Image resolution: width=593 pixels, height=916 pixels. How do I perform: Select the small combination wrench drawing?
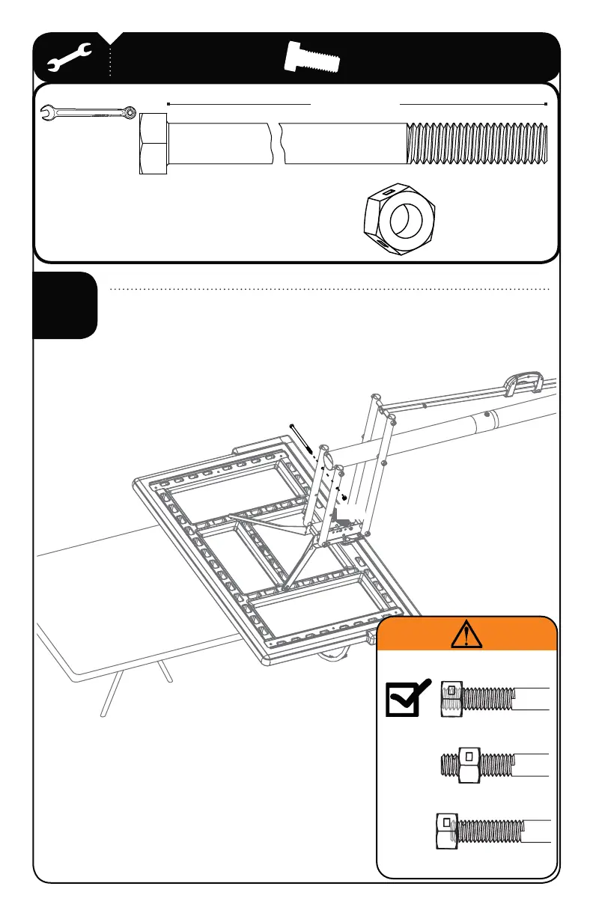[x=87, y=112]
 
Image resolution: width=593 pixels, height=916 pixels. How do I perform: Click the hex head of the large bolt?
[x=153, y=144]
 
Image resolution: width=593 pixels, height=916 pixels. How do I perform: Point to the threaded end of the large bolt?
[x=479, y=143]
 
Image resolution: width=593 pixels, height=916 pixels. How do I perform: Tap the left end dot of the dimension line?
[x=168, y=104]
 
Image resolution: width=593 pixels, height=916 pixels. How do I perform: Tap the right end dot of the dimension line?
[x=547, y=104]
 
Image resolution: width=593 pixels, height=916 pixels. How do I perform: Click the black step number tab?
[x=65, y=305]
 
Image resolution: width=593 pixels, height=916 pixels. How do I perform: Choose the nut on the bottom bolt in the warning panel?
[x=446, y=833]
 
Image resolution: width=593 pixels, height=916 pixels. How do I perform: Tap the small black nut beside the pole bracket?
[x=344, y=496]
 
